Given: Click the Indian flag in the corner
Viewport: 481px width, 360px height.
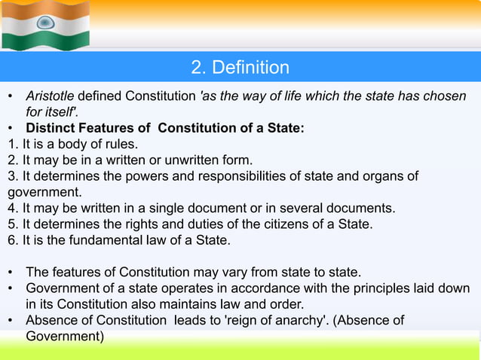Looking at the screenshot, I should pyautogui.click(x=45, y=24).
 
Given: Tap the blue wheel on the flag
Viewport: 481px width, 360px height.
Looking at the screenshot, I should pyautogui.click(x=46, y=23).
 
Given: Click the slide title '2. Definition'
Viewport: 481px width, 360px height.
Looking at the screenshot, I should pyautogui.click(x=240, y=68).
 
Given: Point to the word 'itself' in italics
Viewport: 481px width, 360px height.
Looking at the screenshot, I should pyautogui.click(x=67, y=112).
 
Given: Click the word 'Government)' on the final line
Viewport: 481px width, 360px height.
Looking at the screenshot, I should pyautogui.click(x=65, y=336).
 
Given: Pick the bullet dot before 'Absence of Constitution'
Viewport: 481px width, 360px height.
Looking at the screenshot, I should pyautogui.click(x=11, y=321).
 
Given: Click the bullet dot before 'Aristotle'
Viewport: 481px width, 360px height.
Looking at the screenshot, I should pyautogui.click(x=11, y=98).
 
